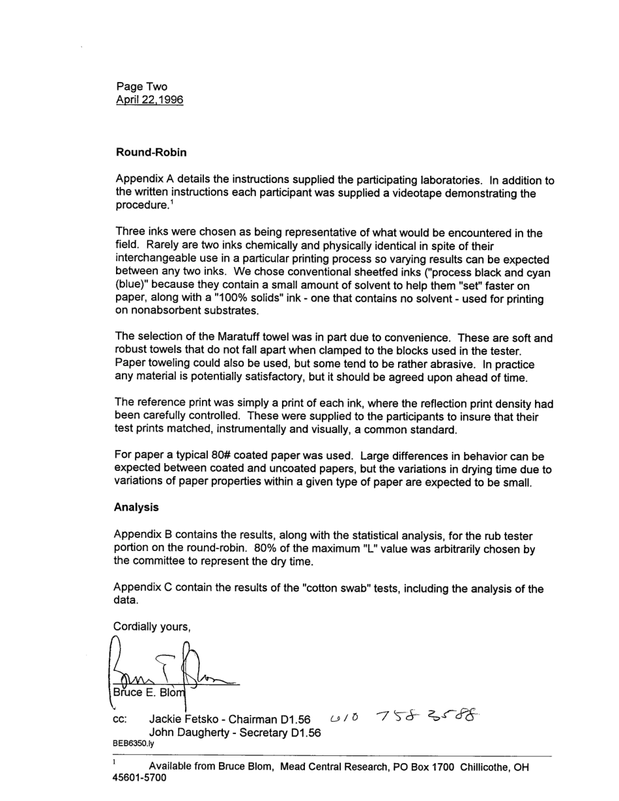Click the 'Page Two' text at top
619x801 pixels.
pyautogui.click(x=141, y=87)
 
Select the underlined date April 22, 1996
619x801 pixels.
pyautogui.click(x=149, y=100)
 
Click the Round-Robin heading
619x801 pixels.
pyautogui.click(x=151, y=152)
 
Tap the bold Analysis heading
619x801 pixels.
pyautogui.click(x=136, y=507)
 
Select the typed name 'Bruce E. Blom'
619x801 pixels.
pyautogui.click(x=149, y=693)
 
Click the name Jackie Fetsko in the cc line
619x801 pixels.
pyautogui.click(x=183, y=720)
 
